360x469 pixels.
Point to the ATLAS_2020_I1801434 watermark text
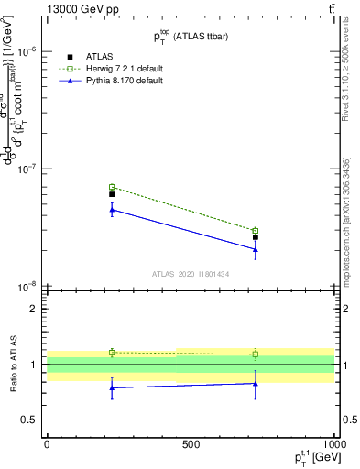point(191,274)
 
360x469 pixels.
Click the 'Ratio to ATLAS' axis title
point(13,365)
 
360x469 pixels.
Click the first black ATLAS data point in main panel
point(112,194)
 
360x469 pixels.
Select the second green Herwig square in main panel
point(256,231)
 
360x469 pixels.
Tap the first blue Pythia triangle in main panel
point(112,210)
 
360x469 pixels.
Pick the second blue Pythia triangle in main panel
point(256,249)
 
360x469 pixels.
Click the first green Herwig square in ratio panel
point(112,352)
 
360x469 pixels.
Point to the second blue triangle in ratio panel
point(256,383)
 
